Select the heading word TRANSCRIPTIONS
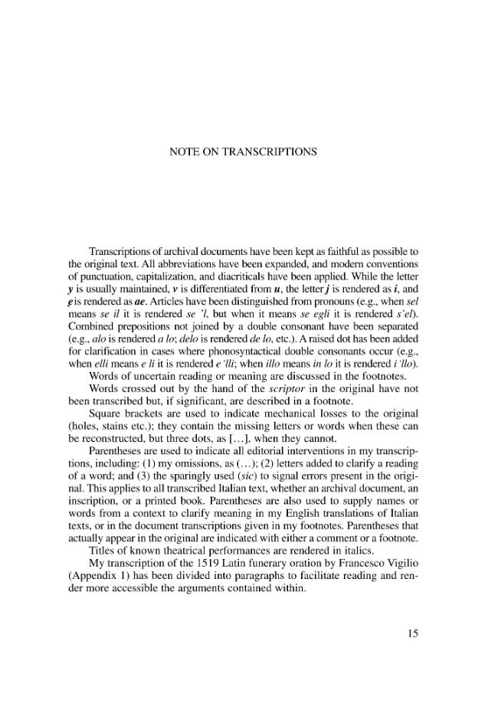coord(274,152)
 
